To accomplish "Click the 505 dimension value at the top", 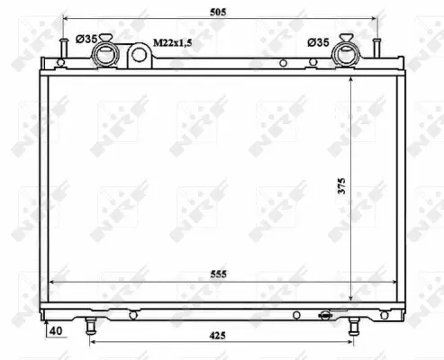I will [220, 12].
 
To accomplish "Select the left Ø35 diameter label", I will [86, 40].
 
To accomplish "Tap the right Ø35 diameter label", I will [318, 41].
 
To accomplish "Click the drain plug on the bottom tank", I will [322, 315].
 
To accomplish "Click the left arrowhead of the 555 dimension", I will [50, 282].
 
